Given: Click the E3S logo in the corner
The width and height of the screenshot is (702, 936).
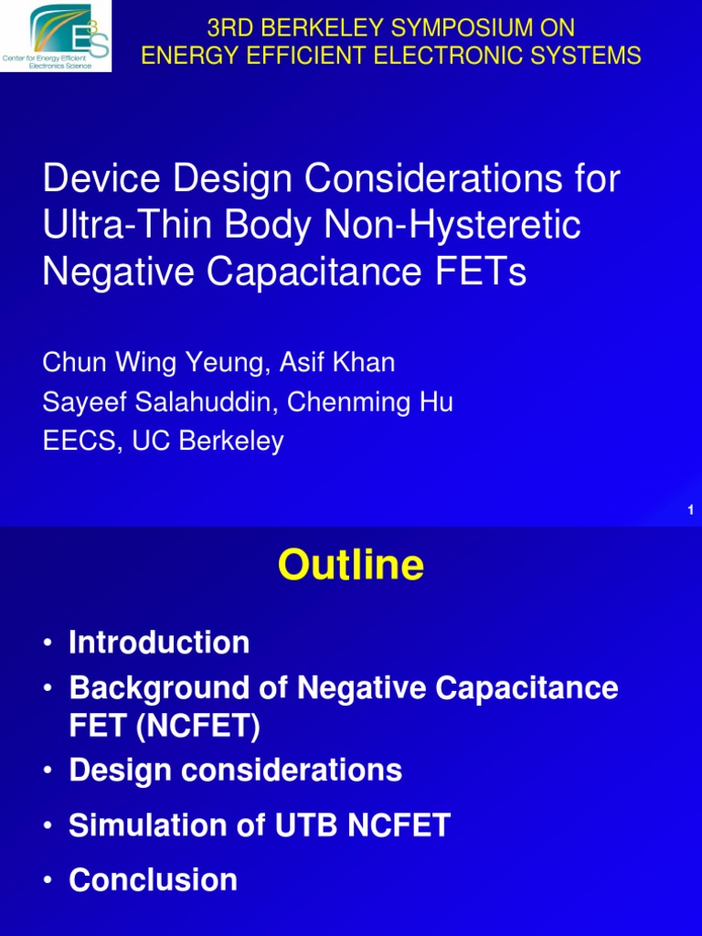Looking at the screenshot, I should tap(57, 37).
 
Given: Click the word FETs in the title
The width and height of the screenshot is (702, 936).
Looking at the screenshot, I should tap(483, 271).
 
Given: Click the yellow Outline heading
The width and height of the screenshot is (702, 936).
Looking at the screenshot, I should tap(350, 567).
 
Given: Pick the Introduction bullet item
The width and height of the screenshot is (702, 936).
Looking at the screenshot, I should tap(159, 643).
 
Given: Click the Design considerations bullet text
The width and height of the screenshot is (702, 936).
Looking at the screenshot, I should tap(235, 770).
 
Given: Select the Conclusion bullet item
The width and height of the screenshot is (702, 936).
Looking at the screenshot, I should tap(153, 880).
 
